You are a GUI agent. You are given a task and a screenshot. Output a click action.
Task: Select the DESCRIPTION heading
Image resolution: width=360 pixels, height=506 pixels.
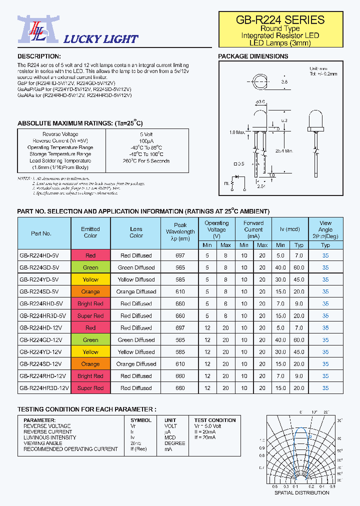point(39,56)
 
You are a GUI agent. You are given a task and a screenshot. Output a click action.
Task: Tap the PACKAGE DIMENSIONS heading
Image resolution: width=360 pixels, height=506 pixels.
point(253,56)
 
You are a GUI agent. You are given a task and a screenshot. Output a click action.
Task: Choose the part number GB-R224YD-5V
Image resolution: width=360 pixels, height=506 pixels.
point(39,279)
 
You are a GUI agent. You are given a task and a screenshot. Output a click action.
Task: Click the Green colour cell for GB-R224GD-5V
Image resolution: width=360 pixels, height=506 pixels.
point(90,267)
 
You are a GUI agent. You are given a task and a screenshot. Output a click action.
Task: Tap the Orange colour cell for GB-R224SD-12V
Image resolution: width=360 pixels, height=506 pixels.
point(90,364)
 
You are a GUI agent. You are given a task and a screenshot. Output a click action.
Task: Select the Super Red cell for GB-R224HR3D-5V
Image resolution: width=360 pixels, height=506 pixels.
point(90,316)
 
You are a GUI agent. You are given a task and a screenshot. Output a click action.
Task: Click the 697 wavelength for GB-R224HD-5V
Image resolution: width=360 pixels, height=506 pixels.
point(180,255)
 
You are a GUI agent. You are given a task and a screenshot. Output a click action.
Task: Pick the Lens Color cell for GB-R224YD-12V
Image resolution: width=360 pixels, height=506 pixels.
point(136,352)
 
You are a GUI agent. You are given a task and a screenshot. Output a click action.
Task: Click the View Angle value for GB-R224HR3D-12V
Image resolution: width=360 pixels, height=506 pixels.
point(325,388)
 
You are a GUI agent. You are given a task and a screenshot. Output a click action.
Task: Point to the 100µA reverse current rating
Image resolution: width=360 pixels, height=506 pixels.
point(146,141)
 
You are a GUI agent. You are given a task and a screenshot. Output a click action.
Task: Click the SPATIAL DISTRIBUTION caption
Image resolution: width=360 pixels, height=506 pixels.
point(302,492)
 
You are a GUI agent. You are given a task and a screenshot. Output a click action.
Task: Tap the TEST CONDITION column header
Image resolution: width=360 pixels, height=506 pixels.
point(215,420)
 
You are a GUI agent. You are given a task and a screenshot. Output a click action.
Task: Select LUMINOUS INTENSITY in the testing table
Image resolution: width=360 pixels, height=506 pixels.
point(50,437)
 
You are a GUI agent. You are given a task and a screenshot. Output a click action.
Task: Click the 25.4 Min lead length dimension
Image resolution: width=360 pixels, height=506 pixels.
point(282,150)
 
